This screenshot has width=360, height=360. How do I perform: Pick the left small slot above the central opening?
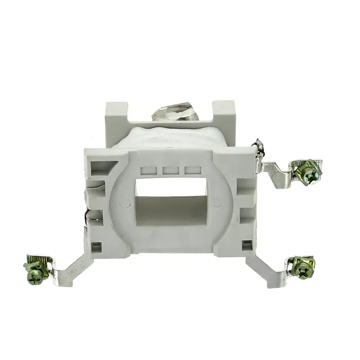(x=152, y=169)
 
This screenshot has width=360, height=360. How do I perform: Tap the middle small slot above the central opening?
(x=171, y=169)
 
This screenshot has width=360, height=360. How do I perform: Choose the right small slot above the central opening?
(x=191, y=169)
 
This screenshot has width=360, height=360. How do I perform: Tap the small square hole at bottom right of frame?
(x=248, y=243)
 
